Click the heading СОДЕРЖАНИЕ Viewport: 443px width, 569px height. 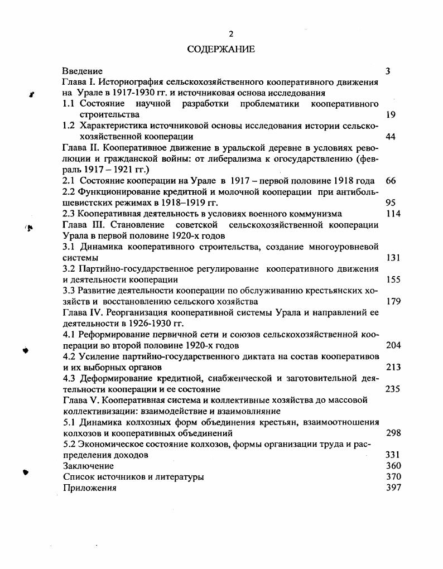(221, 50)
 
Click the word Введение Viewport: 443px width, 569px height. (83, 71)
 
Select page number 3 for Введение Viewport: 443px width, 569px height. (388, 71)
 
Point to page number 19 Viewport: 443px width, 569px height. (391, 115)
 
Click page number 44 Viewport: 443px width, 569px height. (391, 137)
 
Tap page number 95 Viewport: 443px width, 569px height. (391, 202)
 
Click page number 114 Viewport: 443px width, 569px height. (393, 214)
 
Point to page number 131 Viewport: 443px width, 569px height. (393, 258)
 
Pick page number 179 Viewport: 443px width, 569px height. (393, 302)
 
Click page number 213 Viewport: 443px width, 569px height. (393, 367)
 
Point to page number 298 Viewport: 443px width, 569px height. (393, 433)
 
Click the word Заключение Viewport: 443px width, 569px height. (88, 466)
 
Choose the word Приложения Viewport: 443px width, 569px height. (90, 488)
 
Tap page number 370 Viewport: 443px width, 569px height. (393, 477)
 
